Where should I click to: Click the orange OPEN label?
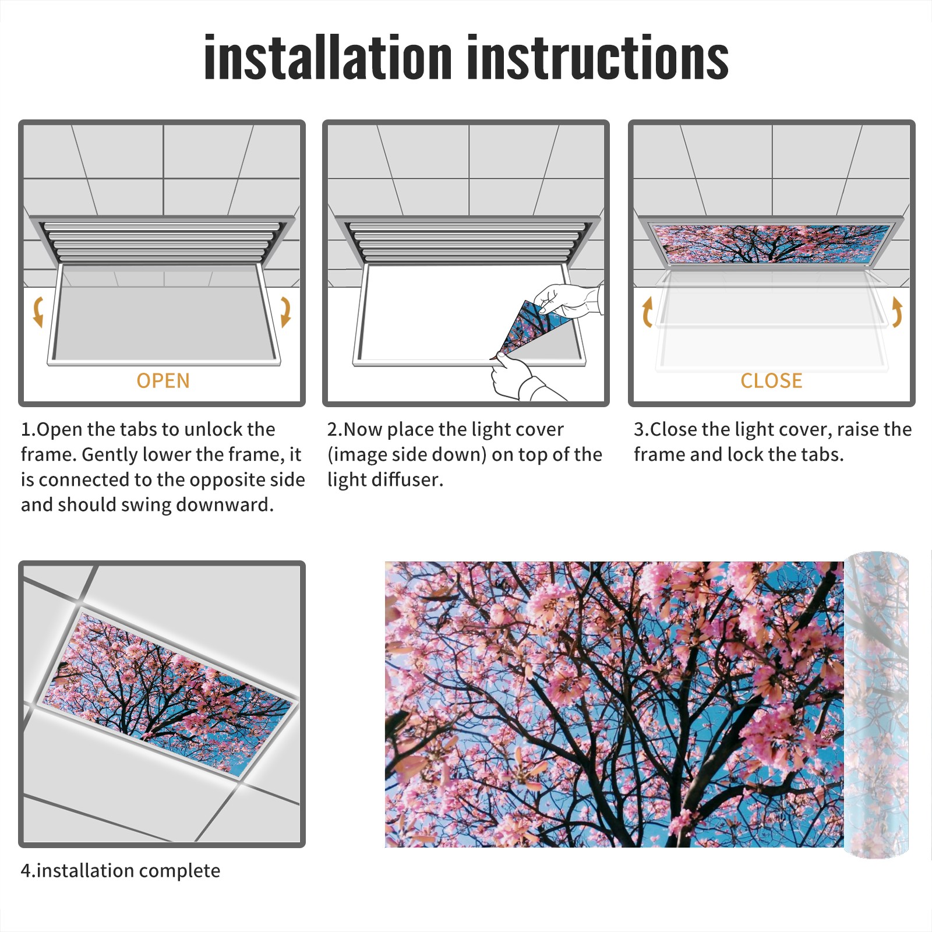tap(163, 380)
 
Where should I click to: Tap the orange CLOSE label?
tap(771, 380)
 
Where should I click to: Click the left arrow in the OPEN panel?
tap(38, 311)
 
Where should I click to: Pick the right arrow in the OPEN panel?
tap(285, 312)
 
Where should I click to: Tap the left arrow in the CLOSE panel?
tap(647, 312)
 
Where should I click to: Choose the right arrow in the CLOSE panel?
tap(897, 312)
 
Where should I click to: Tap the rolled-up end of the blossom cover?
tap(876, 705)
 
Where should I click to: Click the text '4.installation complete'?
tap(121, 870)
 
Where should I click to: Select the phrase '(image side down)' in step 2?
tap(407, 454)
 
